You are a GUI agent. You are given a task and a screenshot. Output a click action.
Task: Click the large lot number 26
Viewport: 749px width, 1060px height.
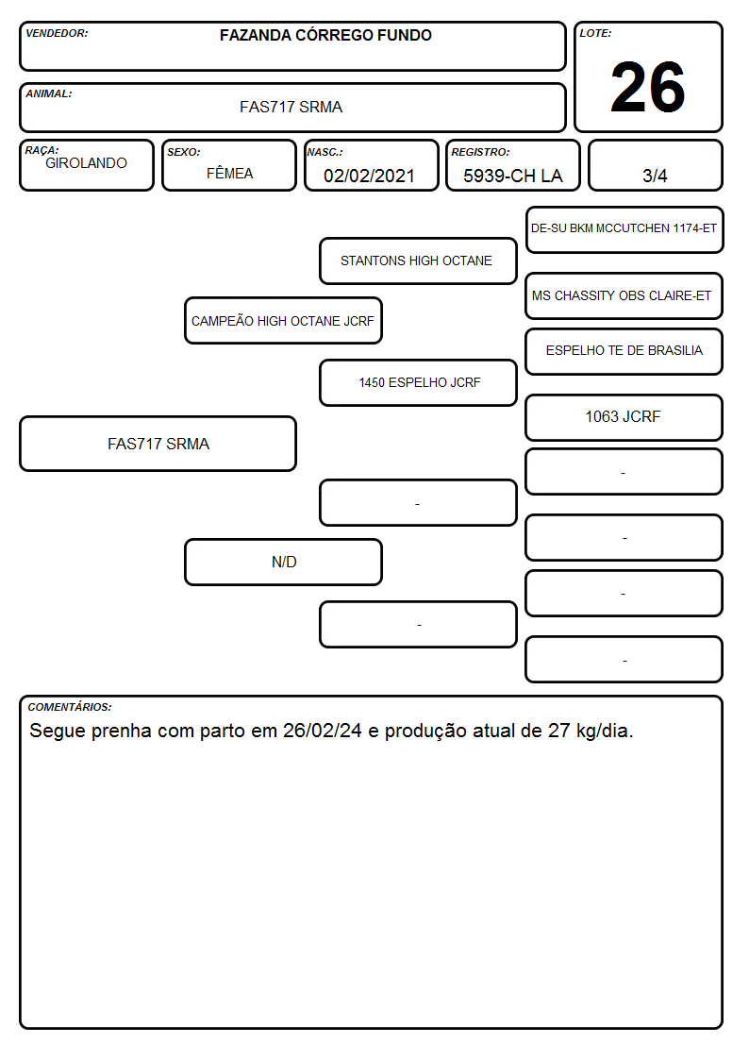click(648, 87)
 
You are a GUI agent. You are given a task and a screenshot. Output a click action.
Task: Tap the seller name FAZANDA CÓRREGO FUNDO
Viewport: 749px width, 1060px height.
click(325, 35)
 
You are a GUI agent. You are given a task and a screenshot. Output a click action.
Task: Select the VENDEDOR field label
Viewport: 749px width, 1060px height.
click(57, 33)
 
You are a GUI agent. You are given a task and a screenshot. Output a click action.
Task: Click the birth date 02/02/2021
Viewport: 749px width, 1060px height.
click(369, 176)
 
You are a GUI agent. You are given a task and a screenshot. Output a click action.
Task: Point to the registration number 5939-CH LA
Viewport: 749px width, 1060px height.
click(512, 176)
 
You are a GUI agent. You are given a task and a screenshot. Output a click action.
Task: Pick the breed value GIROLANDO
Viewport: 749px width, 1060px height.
click(86, 163)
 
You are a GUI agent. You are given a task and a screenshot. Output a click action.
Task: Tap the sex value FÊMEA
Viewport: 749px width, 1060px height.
click(229, 173)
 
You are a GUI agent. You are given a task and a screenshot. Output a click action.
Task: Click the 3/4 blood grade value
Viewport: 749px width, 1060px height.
click(655, 176)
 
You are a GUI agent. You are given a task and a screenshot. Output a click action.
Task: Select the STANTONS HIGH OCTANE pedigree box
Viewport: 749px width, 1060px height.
click(418, 261)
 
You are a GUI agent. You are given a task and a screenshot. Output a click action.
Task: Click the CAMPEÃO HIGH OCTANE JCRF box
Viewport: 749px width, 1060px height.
click(283, 321)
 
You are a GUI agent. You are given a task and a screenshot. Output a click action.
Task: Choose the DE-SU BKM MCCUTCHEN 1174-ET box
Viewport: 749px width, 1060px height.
click(624, 230)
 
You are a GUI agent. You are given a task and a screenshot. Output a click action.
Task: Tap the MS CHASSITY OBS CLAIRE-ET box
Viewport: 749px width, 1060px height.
click(624, 296)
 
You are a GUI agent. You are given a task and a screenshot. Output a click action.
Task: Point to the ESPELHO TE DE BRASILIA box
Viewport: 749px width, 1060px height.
click(624, 351)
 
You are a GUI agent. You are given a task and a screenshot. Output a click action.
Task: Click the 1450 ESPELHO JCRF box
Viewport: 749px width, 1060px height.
click(418, 382)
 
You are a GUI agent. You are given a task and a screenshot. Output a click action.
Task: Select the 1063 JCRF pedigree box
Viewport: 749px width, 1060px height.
click(624, 418)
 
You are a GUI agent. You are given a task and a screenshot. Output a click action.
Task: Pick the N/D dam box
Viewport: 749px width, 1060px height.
click(283, 563)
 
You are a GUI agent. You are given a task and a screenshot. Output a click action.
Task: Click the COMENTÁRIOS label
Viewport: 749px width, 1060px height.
click(70, 707)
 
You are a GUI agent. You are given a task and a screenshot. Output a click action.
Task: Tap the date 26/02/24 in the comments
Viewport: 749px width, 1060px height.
click(323, 731)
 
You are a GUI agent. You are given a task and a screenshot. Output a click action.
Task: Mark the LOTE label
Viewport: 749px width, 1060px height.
click(595, 33)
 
